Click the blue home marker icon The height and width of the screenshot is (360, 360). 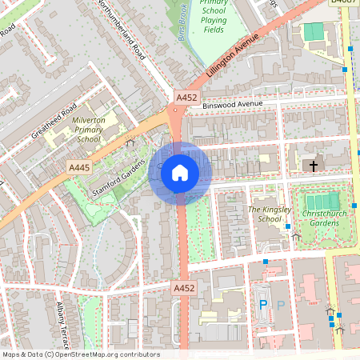[x=180, y=172]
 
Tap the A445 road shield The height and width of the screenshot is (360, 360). [x=79, y=167]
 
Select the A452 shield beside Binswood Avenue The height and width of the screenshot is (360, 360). [x=186, y=98]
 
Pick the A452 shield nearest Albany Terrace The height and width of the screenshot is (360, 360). [x=183, y=286]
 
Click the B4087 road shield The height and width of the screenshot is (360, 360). [x=344, y=2]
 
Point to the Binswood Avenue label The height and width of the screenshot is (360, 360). [x=233, y=104]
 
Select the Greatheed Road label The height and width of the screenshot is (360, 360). [x=54, y=121]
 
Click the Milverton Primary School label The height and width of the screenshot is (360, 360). [x=87, y=130]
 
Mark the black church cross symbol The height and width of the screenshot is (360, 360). [x=313, y=166]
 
